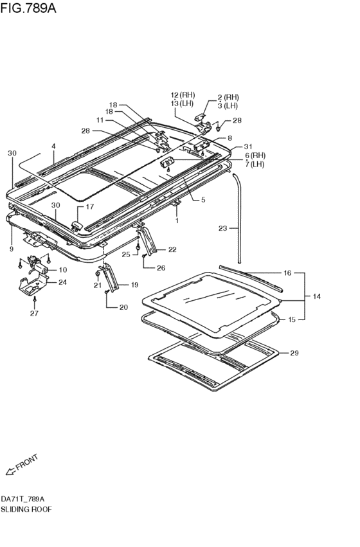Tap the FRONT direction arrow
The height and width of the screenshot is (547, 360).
22,465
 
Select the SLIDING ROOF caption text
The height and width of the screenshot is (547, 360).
26,509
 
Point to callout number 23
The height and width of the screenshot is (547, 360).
222,228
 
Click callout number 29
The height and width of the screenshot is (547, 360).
294,353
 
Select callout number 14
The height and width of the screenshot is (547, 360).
316,297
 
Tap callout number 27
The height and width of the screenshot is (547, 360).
33,314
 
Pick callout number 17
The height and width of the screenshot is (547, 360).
90,207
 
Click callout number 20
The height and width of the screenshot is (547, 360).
123,307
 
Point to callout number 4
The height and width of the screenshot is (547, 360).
54,147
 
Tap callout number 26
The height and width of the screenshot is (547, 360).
161,268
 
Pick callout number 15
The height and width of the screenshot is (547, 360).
291,319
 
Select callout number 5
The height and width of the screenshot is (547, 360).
203,200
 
